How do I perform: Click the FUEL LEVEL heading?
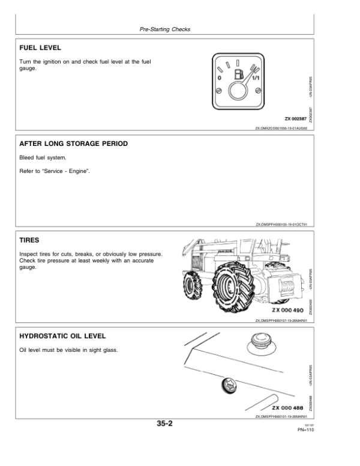click(x=40, y=47)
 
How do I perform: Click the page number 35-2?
click(x=164, y=424)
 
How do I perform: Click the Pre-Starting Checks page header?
click(x=164, y=28)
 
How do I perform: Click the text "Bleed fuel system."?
click(x=41, y=158)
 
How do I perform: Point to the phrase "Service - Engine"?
click(x=64, y=172)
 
